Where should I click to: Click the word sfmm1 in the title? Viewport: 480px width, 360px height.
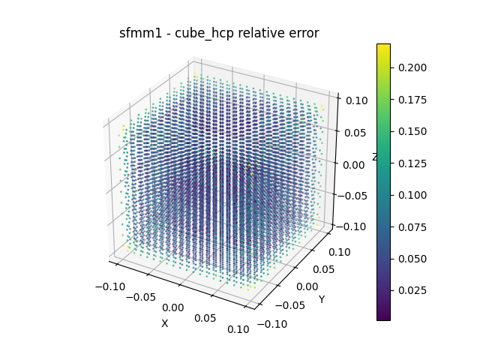tap(136, 33)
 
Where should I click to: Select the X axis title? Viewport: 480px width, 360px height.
tap(164, 323)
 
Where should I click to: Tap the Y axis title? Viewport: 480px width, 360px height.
tap(322, 299)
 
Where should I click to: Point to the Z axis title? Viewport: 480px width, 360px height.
tap(375, 157)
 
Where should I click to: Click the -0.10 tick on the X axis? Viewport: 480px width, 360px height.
tap(110, 286)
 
